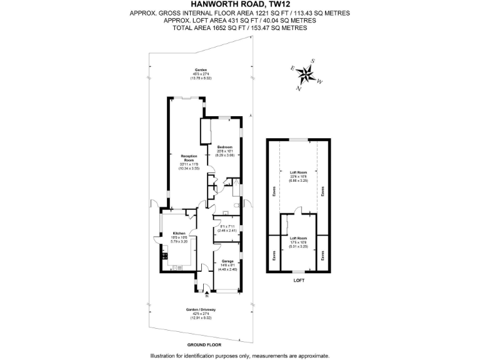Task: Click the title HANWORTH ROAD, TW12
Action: tap(240, 4)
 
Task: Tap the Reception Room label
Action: tap(189, 158)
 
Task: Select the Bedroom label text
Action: tap(224, 147)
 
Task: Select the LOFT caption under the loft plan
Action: tap(299, 281)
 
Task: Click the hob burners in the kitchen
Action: tap(166, 254)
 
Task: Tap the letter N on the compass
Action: tap(298, 87)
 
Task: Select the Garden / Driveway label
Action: tap(201, 310)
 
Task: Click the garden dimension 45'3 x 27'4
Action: tap(201, 74)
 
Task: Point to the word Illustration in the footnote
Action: tap(167, 356)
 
